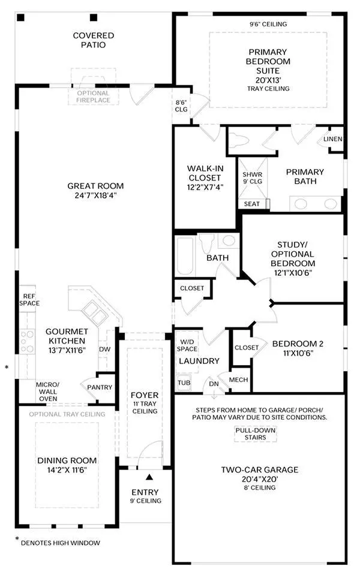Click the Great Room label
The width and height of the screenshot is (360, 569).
(95, 186)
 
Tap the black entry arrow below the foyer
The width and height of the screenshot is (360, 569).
(149, 477)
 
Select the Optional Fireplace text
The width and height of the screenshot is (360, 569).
(93, 97)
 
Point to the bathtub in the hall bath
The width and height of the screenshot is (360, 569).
(185, 256)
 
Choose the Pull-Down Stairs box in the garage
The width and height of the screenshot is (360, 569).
(256, 433)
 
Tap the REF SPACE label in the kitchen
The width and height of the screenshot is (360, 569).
(29, 300)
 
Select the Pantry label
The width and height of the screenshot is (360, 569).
(100, 387)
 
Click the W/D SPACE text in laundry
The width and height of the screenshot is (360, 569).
(187, 345)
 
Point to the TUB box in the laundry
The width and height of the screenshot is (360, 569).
(184, 383)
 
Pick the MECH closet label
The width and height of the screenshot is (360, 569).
(238, 380)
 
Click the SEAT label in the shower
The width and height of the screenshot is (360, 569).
(252, 204)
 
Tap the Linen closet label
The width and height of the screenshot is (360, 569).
(333, 139)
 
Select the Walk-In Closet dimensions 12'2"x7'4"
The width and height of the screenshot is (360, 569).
(205, 187)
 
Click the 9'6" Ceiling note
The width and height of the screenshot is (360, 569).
(268, 25)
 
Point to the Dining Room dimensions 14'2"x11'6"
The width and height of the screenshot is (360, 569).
(67, 470)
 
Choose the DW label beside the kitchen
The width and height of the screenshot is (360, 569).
(104, 350)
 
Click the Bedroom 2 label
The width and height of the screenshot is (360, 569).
(298, 344)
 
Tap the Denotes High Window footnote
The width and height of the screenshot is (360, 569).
(61, 543)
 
